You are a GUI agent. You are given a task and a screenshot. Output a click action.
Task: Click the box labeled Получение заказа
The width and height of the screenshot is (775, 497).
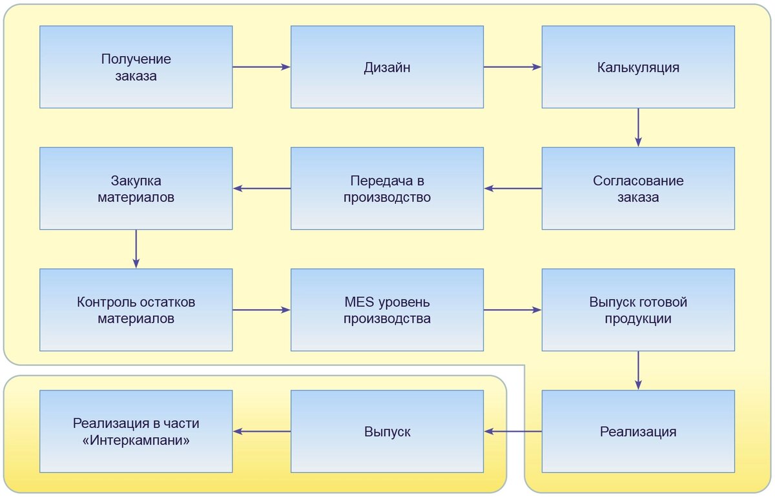tap(136, 67)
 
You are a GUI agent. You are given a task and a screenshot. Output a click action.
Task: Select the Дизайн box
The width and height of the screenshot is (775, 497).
tap(387, 67)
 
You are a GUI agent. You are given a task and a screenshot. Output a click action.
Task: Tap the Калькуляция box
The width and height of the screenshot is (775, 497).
tap(638, 67)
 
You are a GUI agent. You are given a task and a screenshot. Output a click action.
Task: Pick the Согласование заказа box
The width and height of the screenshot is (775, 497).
tap(638, 188)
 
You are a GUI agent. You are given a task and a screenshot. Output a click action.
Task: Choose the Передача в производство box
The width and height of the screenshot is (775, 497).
tap(387, 188)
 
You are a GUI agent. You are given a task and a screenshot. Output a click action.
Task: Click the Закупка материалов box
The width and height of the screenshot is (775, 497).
tap(136, 188)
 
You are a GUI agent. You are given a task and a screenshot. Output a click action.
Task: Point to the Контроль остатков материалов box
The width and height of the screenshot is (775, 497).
tap(136, 310)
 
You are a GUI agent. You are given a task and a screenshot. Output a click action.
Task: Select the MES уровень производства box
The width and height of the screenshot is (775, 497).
tap(387, 310)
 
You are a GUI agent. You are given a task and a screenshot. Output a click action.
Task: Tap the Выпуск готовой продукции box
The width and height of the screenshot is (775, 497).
tap(638, 310)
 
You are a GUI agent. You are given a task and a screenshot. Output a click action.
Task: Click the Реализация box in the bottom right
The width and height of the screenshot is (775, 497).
tap(638, 431)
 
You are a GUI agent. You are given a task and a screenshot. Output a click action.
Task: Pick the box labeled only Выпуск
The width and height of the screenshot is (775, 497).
tap(387, 431)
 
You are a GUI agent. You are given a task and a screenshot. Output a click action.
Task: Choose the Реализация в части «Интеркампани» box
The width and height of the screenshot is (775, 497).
tap(136, 431)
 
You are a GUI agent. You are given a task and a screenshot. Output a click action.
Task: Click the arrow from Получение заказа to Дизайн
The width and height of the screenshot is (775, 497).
tap(261, 66)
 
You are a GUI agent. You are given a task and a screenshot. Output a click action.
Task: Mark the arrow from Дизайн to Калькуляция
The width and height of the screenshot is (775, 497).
tap(512, 66)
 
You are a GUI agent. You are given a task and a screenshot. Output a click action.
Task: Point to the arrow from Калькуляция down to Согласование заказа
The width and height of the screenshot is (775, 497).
tap(638, 127)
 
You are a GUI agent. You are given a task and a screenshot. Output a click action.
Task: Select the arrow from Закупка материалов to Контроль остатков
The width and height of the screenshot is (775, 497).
tap(136, 249)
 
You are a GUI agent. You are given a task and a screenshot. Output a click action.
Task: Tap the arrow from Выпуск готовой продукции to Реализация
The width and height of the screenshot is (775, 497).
tap(638, 370)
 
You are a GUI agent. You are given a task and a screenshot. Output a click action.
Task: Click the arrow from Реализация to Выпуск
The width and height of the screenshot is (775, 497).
tap(513, 431)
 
